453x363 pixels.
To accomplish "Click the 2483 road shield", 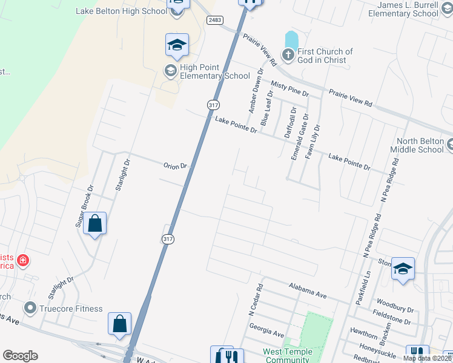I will click(214, 20).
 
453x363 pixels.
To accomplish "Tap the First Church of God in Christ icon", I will click(288, 56).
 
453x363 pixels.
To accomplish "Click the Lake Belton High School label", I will click(122, 11).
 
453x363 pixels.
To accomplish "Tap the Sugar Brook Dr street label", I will click(84, 206).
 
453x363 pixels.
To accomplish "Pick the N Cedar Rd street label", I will click(255, 299).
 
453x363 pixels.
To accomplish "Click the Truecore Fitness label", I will click(71, 309).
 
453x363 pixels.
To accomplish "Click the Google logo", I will click(20, 356).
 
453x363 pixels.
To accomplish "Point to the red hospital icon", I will click(23, 261).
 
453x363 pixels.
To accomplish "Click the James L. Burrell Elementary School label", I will click(403, 9).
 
